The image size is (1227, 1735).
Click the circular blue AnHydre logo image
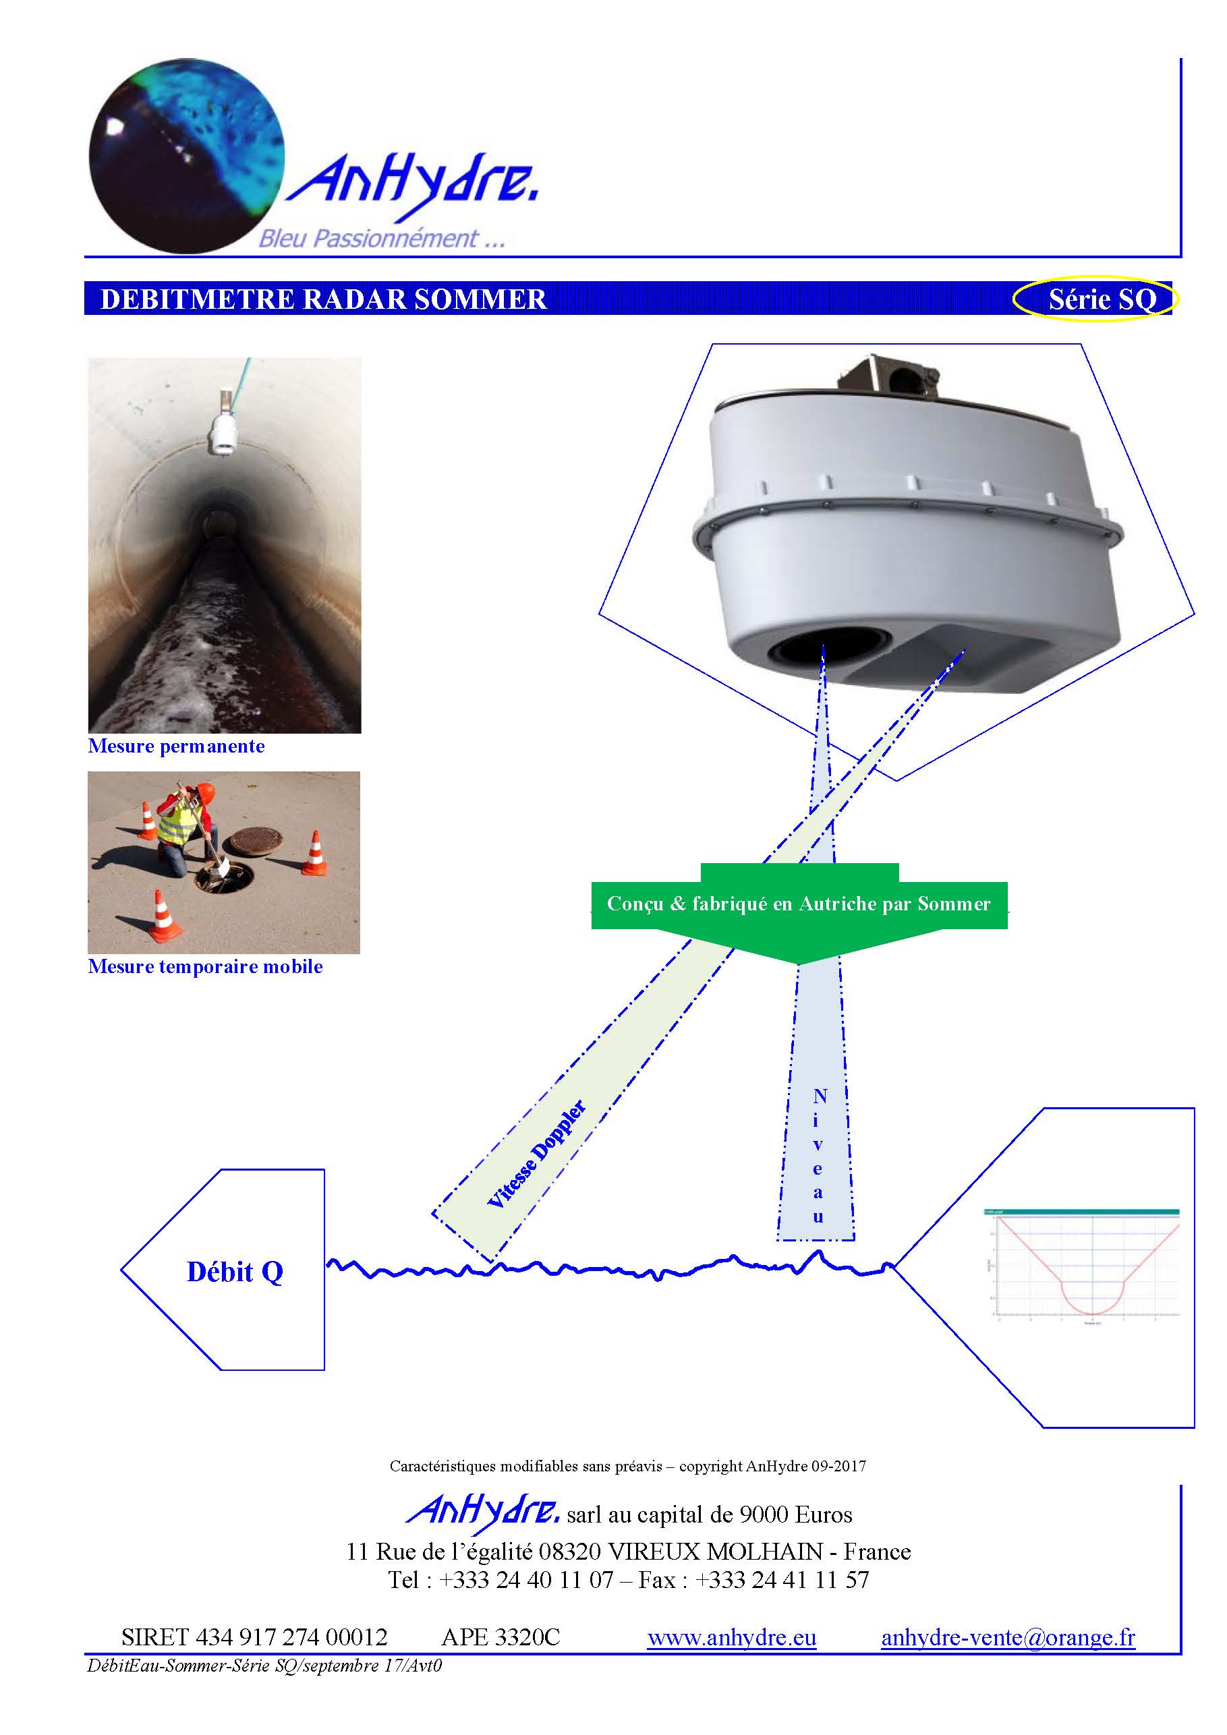click(x=187, y=155)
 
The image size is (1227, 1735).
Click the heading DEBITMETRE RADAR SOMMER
click(x=323, y=299)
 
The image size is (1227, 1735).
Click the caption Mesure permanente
click(x=176, y=746)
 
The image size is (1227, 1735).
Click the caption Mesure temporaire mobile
click(x=205, y=966)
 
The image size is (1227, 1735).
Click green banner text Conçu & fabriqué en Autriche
click(x=799, y=904)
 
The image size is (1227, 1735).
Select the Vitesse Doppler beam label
click(x=536, y=1154)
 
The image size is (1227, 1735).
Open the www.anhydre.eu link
click(x=731, y=1637)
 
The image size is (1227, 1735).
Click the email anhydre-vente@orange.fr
click(x=1007, y=1637)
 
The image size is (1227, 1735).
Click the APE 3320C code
click(x=501, y=1637)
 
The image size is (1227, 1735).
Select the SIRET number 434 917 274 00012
click(x=254, y=1637)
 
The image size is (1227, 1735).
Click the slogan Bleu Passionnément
click(x=381, y=239)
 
